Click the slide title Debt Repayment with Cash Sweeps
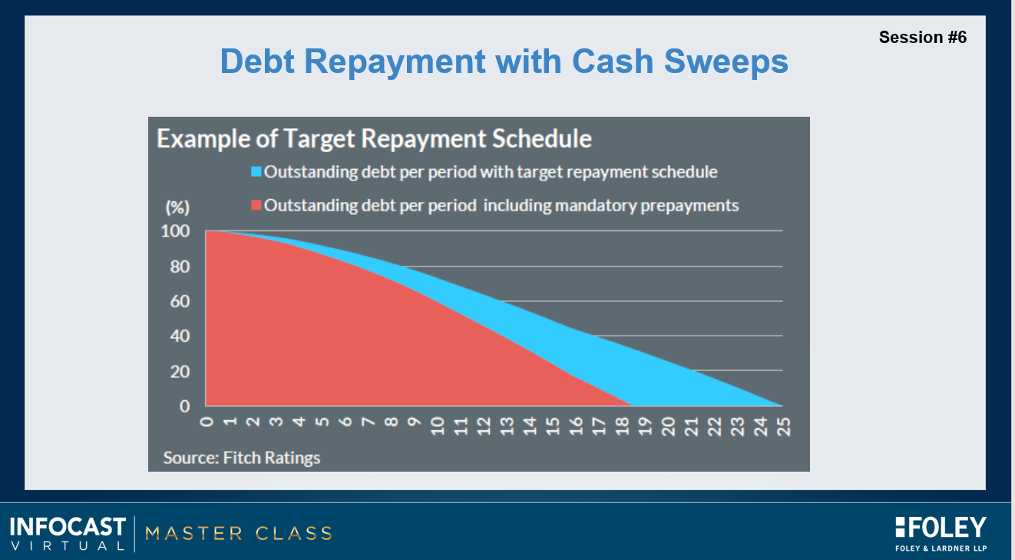click(x=504, y=61)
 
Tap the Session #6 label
click(x=922, y=37)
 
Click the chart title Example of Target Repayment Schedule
click(x=374, y=139)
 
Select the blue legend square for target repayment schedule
click(x=256, y=171)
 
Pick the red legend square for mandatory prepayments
click(x=256, y=206)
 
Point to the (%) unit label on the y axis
click(x=177, y=207)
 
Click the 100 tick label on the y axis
click(x=174, y=231)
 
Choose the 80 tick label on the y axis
click(x=179, y=267)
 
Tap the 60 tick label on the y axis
click(x=179, y=301)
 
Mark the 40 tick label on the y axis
click(x=179, y=336)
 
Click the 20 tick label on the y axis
click(x=179, y=371)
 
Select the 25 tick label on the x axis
click(x=783, y=426)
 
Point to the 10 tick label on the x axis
click(x=438, y=426)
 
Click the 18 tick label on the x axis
click(x=622, y=426)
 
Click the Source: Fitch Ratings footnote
click(x=242, y=458)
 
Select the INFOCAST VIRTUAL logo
click(x=68, y=533)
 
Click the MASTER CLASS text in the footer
click(x=238, y=533)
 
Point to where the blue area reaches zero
click(x=782, y=405)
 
